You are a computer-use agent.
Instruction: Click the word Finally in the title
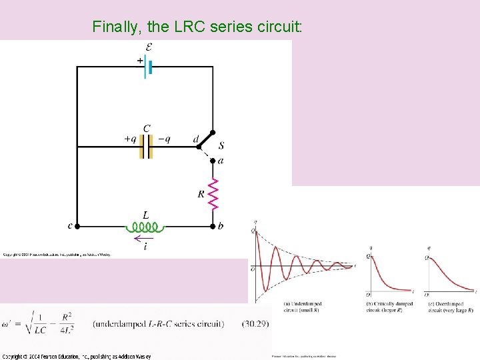[x=117, y=27]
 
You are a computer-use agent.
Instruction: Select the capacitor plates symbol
[x=147, y=147]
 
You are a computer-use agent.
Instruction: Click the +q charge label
[x=130, y=139]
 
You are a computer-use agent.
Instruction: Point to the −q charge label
[x=164, y=139]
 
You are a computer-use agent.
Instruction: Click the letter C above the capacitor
[x=147, y=127]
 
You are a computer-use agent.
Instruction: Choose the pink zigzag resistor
[x=213, y=193]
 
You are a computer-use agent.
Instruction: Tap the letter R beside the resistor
[x=201, y=194]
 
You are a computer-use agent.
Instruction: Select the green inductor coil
[x=146, y=227]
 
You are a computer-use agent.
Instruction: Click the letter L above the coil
[x=146, y=215]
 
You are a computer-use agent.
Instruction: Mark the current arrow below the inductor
[x=144, y=238]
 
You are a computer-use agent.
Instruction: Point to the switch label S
[x=221, y=145]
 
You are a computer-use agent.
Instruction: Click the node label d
[x=195, y=139]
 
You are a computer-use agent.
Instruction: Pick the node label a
[x=221, y=161]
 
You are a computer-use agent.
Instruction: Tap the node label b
[x=221, y=227]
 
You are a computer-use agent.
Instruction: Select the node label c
[x=70, y=226]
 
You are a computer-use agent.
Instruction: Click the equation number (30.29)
[x=254, y=325]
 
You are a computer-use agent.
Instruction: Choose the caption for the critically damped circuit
[x=390, y=307]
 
